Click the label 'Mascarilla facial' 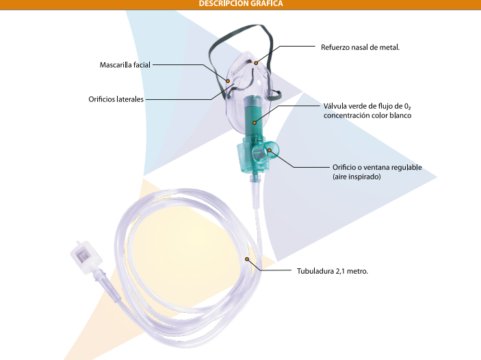coord(125,65)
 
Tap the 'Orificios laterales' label coord(116,99)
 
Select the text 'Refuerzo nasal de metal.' coord(360,47)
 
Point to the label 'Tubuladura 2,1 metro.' coord(333,271)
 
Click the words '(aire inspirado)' coord(356,177)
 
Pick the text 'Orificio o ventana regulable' coord(377,167)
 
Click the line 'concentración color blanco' coord(367,116)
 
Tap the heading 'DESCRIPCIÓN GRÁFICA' coord(241,3)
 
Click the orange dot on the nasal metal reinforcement coord(256,63)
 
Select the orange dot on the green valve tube coord(255,123)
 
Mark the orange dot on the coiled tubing coord(246,259)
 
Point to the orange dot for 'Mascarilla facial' coord(228,81)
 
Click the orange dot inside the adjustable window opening coord(269,150)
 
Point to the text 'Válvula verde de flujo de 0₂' coord(367,106)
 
